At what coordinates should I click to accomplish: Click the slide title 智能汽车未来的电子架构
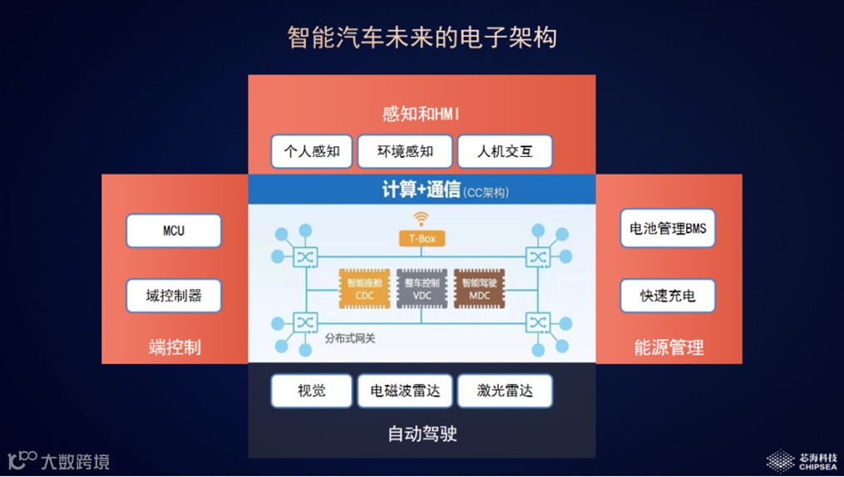(422, 37)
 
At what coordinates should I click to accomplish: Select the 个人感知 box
(312, 151)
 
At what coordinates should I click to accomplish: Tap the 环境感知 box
(405, 151)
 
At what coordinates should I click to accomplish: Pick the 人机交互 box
(505, 151)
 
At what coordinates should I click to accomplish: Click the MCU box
(174, 231)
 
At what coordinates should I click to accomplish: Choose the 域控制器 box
(174, 295)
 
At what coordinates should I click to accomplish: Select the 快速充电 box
(668, 295)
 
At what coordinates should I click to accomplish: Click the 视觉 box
(312, 391)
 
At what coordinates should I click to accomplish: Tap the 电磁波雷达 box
(405, 391)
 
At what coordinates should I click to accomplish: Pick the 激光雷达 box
(505, 391)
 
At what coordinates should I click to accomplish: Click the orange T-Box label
(422, 238)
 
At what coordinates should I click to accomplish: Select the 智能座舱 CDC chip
(364, 288)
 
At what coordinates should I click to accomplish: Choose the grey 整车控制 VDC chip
(422, 288)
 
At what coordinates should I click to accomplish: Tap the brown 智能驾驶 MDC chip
(479, 288)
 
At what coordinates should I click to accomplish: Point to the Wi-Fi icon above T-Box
(422, 219)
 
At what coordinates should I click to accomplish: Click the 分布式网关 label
(350, 339)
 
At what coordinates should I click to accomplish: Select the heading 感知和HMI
(422, 113)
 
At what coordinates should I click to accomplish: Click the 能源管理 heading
(669, 347)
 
